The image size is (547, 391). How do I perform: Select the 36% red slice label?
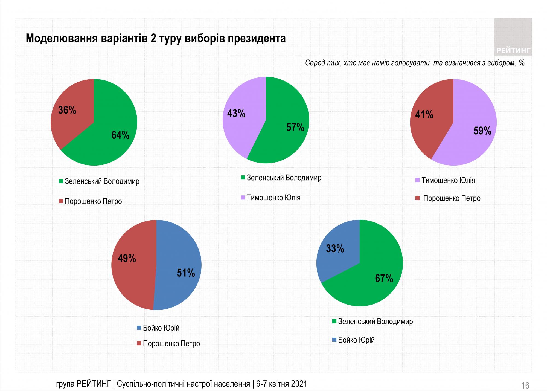click(67, 110)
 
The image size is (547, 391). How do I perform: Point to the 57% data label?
click(295, 127)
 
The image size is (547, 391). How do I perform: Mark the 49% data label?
click(127, 259)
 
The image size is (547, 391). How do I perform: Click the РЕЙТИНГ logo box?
click(513, 37)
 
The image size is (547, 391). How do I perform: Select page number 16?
click(525, 386)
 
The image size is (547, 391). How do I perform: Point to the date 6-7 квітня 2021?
click(281, 384)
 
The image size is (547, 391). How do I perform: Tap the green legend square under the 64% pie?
click(61, 181)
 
